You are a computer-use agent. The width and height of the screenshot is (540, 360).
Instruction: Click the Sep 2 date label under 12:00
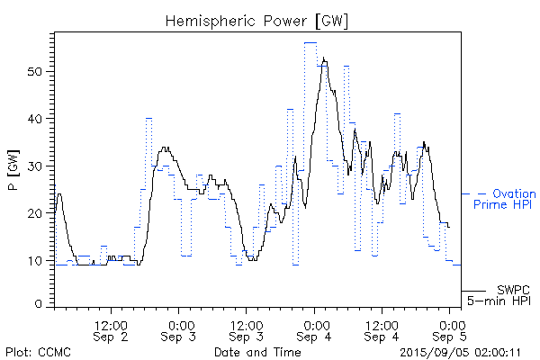[x=112, y=337]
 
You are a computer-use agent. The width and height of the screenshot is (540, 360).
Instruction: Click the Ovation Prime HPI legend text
[x=504, y=200]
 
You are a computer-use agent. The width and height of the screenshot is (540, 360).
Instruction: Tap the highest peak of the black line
[x=323, y=58]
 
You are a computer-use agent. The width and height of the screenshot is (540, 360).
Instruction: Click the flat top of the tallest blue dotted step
[x=310, y=42]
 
